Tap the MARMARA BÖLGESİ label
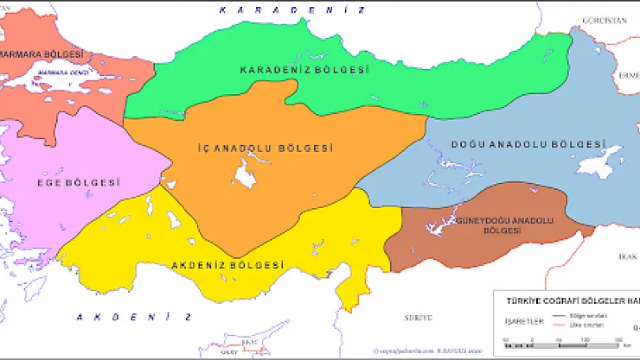[x=43, y=54]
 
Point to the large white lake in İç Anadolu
[x=243, y=177]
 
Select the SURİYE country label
[x=417, y=318]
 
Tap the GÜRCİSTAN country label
[x=603, y=20]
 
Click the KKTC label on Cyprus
[x=250, y=343]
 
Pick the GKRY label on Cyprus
[x=229, y=351]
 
